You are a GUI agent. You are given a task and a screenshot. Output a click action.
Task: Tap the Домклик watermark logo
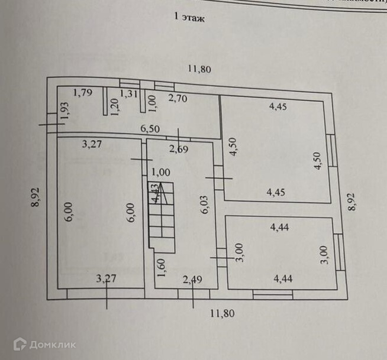pos(44,344)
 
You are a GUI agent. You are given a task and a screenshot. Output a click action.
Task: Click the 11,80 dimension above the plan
pos(199,69)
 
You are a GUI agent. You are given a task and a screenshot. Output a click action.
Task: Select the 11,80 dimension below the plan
pos(223,313)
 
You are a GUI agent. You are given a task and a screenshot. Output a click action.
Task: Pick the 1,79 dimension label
pos(83,92)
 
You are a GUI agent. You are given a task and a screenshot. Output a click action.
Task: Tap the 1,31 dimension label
pos(130,93)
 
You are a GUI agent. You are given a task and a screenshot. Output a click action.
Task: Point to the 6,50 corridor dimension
pos(150,128)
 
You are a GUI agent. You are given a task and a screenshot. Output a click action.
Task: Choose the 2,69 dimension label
pos(179,148)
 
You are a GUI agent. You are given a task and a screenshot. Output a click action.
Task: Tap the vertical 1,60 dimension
pos(161,267)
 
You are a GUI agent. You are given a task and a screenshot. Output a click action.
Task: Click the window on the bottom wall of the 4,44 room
pos(271,293)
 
